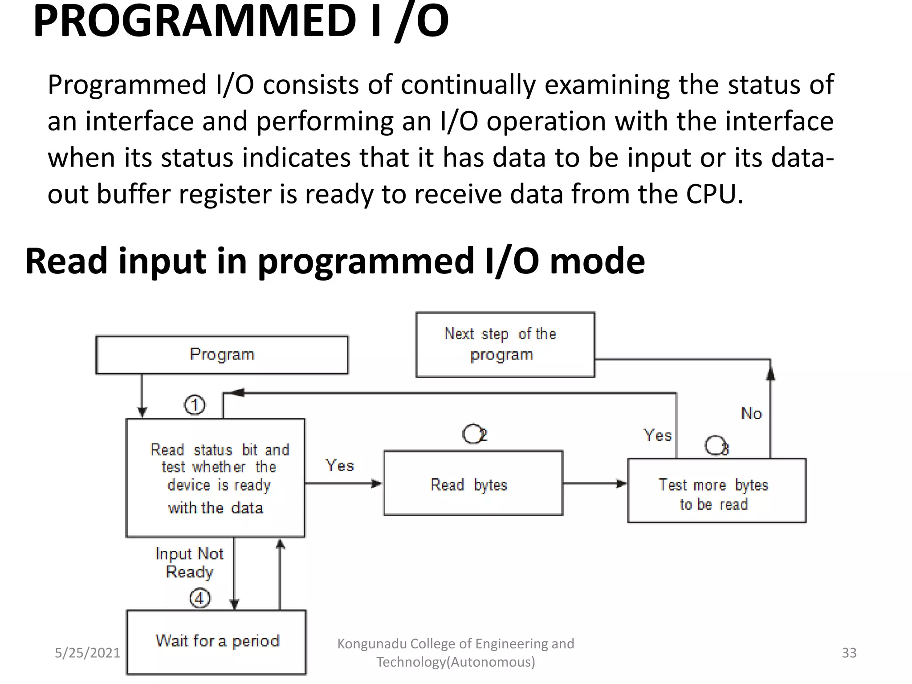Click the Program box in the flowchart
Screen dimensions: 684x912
(222, 355)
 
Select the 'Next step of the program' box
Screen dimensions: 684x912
(505, 345)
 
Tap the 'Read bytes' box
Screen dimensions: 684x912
(473, 484)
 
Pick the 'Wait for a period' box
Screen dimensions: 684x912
(216, 642)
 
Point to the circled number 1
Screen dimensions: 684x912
(195, 405)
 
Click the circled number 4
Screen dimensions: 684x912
(199, 598)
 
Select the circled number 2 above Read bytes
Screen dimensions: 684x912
(474, 434)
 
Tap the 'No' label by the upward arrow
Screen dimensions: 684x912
(751, 413)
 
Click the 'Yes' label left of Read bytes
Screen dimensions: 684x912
(340, 465)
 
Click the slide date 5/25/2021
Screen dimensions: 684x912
(87, 653)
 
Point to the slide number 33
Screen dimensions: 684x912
(849, 653)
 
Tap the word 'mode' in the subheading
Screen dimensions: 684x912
(597, 261)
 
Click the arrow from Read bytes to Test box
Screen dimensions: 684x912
(594, 484)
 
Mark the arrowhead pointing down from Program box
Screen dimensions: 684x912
(142, 411)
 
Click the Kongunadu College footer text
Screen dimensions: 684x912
(456, 653)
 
